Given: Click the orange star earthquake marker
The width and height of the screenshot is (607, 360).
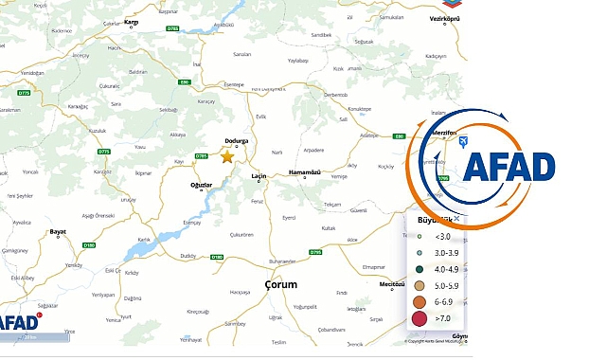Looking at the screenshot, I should point(227,156).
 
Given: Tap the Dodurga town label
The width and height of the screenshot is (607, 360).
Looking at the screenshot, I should point(236,141).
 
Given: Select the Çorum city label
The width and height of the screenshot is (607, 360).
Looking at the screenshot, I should point(281,284).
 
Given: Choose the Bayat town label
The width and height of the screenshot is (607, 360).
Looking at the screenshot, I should point(59,231).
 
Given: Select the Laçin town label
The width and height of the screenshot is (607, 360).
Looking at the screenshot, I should point(259,176).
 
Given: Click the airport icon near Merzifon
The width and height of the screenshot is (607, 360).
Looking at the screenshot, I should point(462,142).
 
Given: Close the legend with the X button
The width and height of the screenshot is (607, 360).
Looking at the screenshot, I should point(456,219).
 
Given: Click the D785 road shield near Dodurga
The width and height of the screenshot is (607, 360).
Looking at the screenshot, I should point(201,155).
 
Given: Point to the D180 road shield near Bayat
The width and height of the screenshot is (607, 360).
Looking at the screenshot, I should point(89,245).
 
